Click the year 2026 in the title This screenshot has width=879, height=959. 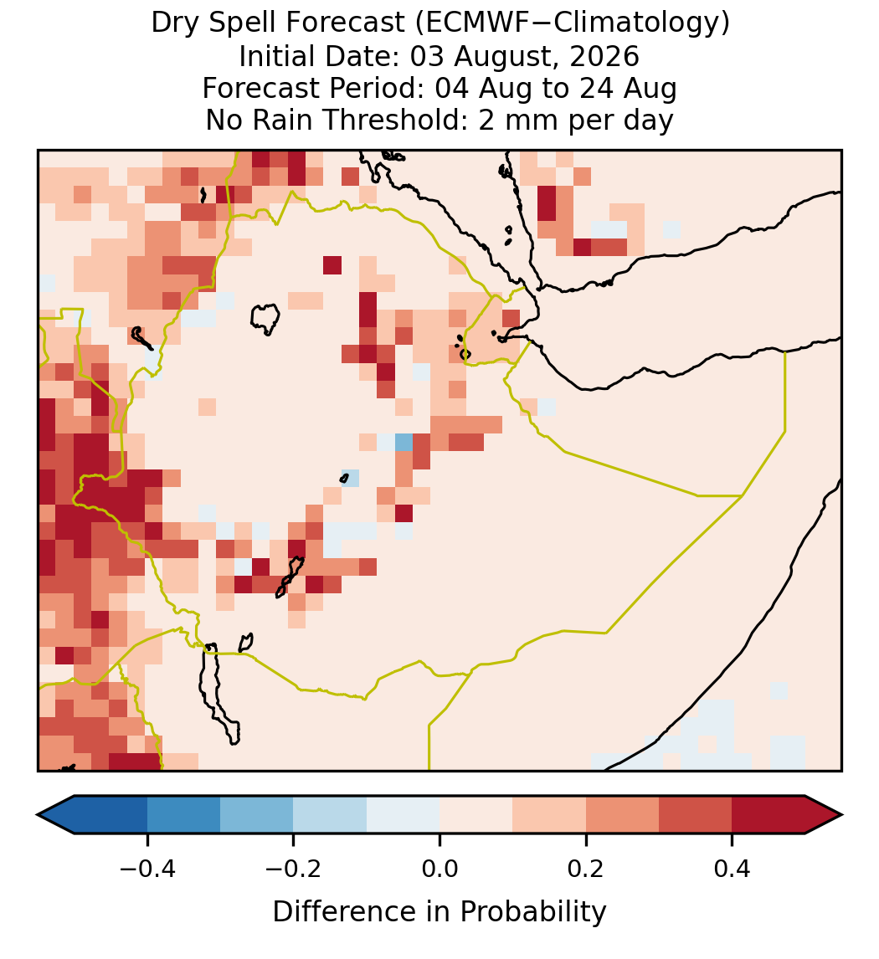[x=604, y=56]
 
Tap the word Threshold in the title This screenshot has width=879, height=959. [x=394, y=120]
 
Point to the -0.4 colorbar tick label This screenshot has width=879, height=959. [x=147, y=868]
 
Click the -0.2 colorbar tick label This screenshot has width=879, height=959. [x=294, y=868]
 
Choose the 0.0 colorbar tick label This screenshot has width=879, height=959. [x=439, y=868]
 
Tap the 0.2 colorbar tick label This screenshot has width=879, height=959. [x=586, y=868]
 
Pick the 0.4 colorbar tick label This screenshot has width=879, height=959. [x=732, y=868]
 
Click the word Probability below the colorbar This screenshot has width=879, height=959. [x=532, y=912]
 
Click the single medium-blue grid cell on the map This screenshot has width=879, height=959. [x=404, y=442]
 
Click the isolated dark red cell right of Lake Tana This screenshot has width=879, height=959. [x=332, y=265]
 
